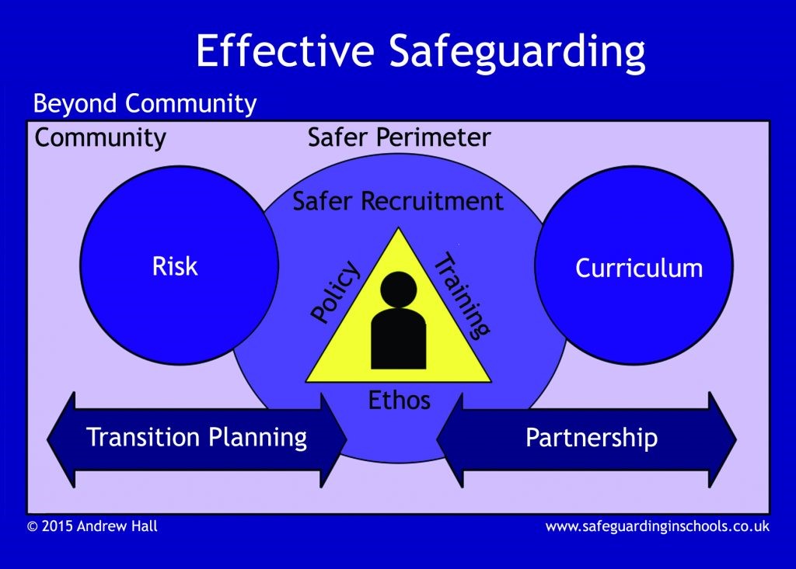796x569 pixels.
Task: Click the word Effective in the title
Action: pos(285,50)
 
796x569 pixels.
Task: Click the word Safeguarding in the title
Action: pos(517,54)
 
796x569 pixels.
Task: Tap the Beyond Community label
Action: pos(145,105)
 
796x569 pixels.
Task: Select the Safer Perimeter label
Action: pos(399,137)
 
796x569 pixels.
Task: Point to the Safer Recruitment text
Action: pos(398,201)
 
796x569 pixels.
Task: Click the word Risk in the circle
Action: pos(175,265)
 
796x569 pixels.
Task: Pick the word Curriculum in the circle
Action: pos(639,268)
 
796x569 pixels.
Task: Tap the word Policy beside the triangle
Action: pos(335,291)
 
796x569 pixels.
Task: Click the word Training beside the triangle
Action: pos(462,295)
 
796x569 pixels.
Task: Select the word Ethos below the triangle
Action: pos(399,400)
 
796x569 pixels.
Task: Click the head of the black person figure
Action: pos(399,290)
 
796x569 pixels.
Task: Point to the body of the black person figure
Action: pos(399,338)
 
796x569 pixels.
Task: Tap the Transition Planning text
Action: pos(197,438)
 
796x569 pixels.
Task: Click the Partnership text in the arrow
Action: pos(592,438)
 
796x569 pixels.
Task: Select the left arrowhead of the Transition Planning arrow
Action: pos(61,439)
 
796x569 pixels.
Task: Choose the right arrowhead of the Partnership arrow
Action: pos(722,439)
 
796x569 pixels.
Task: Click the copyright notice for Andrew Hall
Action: pos(93,526)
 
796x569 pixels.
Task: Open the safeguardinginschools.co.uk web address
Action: pos(658,527)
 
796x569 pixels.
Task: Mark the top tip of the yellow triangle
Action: pos(399,227)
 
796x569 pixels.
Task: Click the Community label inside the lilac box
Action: pos(100,138)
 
